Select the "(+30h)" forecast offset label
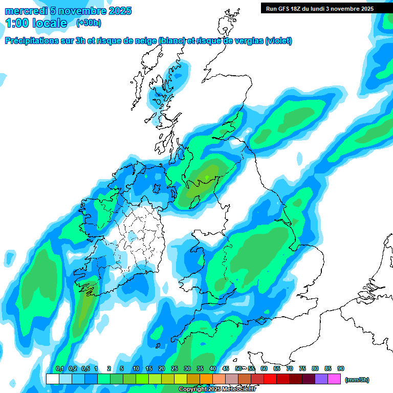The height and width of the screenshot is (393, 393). point(88,23)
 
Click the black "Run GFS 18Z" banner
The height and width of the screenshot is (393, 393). point(320,8)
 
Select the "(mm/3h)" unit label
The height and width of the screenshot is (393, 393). point(357,380)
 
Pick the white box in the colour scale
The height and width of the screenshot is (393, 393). point(52,379)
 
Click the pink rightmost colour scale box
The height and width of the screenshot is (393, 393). point(334,379)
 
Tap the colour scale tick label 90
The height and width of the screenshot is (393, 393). point(341,368)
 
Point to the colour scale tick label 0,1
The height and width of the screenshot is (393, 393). point(59,368)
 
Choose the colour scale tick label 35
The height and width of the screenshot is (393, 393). point(200,368)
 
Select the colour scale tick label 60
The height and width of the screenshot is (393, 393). point(264,368)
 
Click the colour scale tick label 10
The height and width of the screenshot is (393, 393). point(136,368)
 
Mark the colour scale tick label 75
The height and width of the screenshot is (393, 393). point(302,368)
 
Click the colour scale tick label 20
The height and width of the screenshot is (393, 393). point(162,368)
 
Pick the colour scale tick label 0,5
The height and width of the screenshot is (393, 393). point(85,368)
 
